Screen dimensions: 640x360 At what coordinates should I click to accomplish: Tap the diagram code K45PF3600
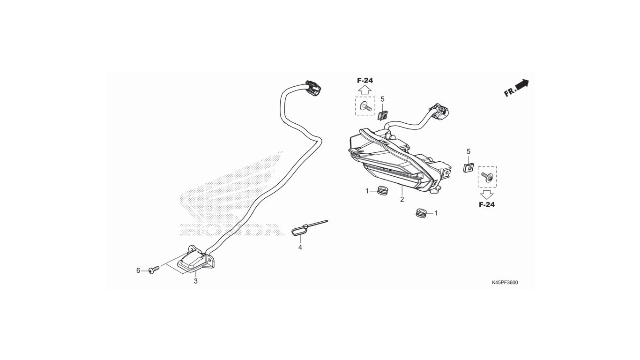click(x=505, y=283)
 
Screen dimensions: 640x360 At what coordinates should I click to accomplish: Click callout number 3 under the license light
click(x=196, y=281)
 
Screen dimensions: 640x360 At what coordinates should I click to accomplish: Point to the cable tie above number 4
click(x=309, y=228)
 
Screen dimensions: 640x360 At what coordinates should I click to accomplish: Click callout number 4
click(x=300, y=247)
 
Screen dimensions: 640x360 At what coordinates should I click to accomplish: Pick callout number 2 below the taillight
click(x=402, y=200)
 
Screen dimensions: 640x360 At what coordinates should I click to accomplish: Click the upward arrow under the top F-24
click(x=365, y=90)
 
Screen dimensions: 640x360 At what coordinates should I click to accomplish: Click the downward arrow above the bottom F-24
click(x=487, y=195)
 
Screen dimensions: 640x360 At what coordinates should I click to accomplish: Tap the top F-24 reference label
click(x=365, y=81)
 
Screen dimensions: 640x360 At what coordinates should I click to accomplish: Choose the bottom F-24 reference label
click(x=487, y=205)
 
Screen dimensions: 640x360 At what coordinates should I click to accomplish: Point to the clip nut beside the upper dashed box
click(x=383, y=115)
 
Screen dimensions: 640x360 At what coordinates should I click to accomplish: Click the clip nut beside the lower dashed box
click(x=468, y=167)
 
